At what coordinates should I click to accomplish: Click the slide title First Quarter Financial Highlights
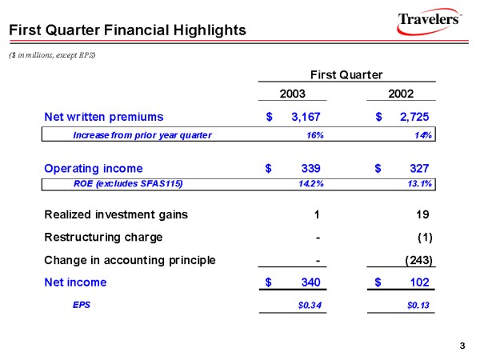(x=126, y=30)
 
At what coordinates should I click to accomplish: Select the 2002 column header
(x=400, y=94)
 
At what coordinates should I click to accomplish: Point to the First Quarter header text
(x=346, y=75)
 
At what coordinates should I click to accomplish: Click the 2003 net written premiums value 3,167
(x=306, y=117)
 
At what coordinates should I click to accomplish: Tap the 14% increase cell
(x=424, y=135)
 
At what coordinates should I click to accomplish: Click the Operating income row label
(x=94, y=169)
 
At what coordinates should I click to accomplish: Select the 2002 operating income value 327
(x=419, y=169)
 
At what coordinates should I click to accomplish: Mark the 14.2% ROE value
(x=310, y=184)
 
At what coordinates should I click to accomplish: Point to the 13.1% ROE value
(x=420, y=184)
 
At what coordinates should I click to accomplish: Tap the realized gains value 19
(x=424, y=214)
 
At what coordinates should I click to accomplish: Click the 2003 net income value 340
(x=310, y=282)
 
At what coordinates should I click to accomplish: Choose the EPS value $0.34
(x=310, y=305)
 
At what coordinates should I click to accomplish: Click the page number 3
(x=462, y=346)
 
